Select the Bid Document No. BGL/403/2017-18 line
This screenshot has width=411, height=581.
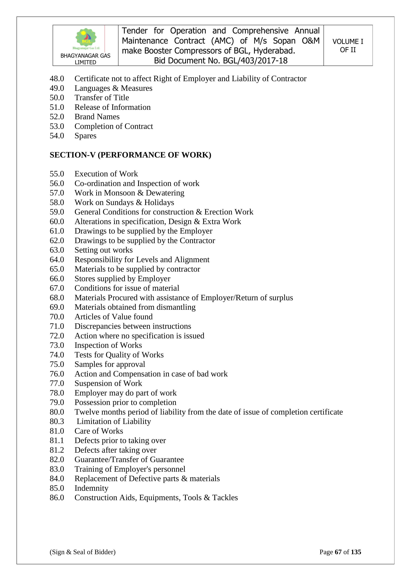coord(221,61)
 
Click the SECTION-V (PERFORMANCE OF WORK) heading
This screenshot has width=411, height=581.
coord(130,155)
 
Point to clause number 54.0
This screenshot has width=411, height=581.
coord(57,136)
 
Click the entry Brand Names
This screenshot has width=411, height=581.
coord(97,117)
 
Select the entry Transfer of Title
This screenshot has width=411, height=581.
coord(102,98)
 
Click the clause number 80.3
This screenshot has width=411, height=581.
coord(57,422)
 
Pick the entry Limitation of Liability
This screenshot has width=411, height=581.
coord(114,422)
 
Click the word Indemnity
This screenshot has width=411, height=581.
coord(91,488)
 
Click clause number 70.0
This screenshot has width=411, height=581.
coord(57,317)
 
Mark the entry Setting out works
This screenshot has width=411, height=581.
coord(104,250)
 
